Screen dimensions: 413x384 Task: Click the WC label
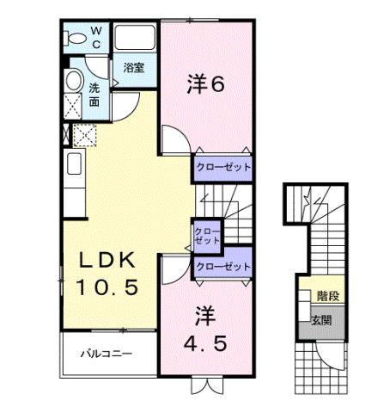tap(96, 37)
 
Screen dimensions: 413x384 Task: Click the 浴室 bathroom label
tap(132, 67)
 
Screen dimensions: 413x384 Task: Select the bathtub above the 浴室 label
tap(134, 39)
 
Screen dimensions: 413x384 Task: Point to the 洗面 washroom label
tap(95, 94)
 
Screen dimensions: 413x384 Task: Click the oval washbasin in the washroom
tap(76, 85)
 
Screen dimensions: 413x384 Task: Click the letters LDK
tap(107, 261)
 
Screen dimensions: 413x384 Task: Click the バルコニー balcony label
tap(107, 353)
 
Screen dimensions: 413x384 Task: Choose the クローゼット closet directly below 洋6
tap(222, 167)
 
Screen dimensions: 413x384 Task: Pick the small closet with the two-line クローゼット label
tap(206, 236)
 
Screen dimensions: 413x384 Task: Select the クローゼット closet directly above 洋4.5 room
tap(222, 266)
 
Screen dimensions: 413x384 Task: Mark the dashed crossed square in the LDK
tap(85, 135)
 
